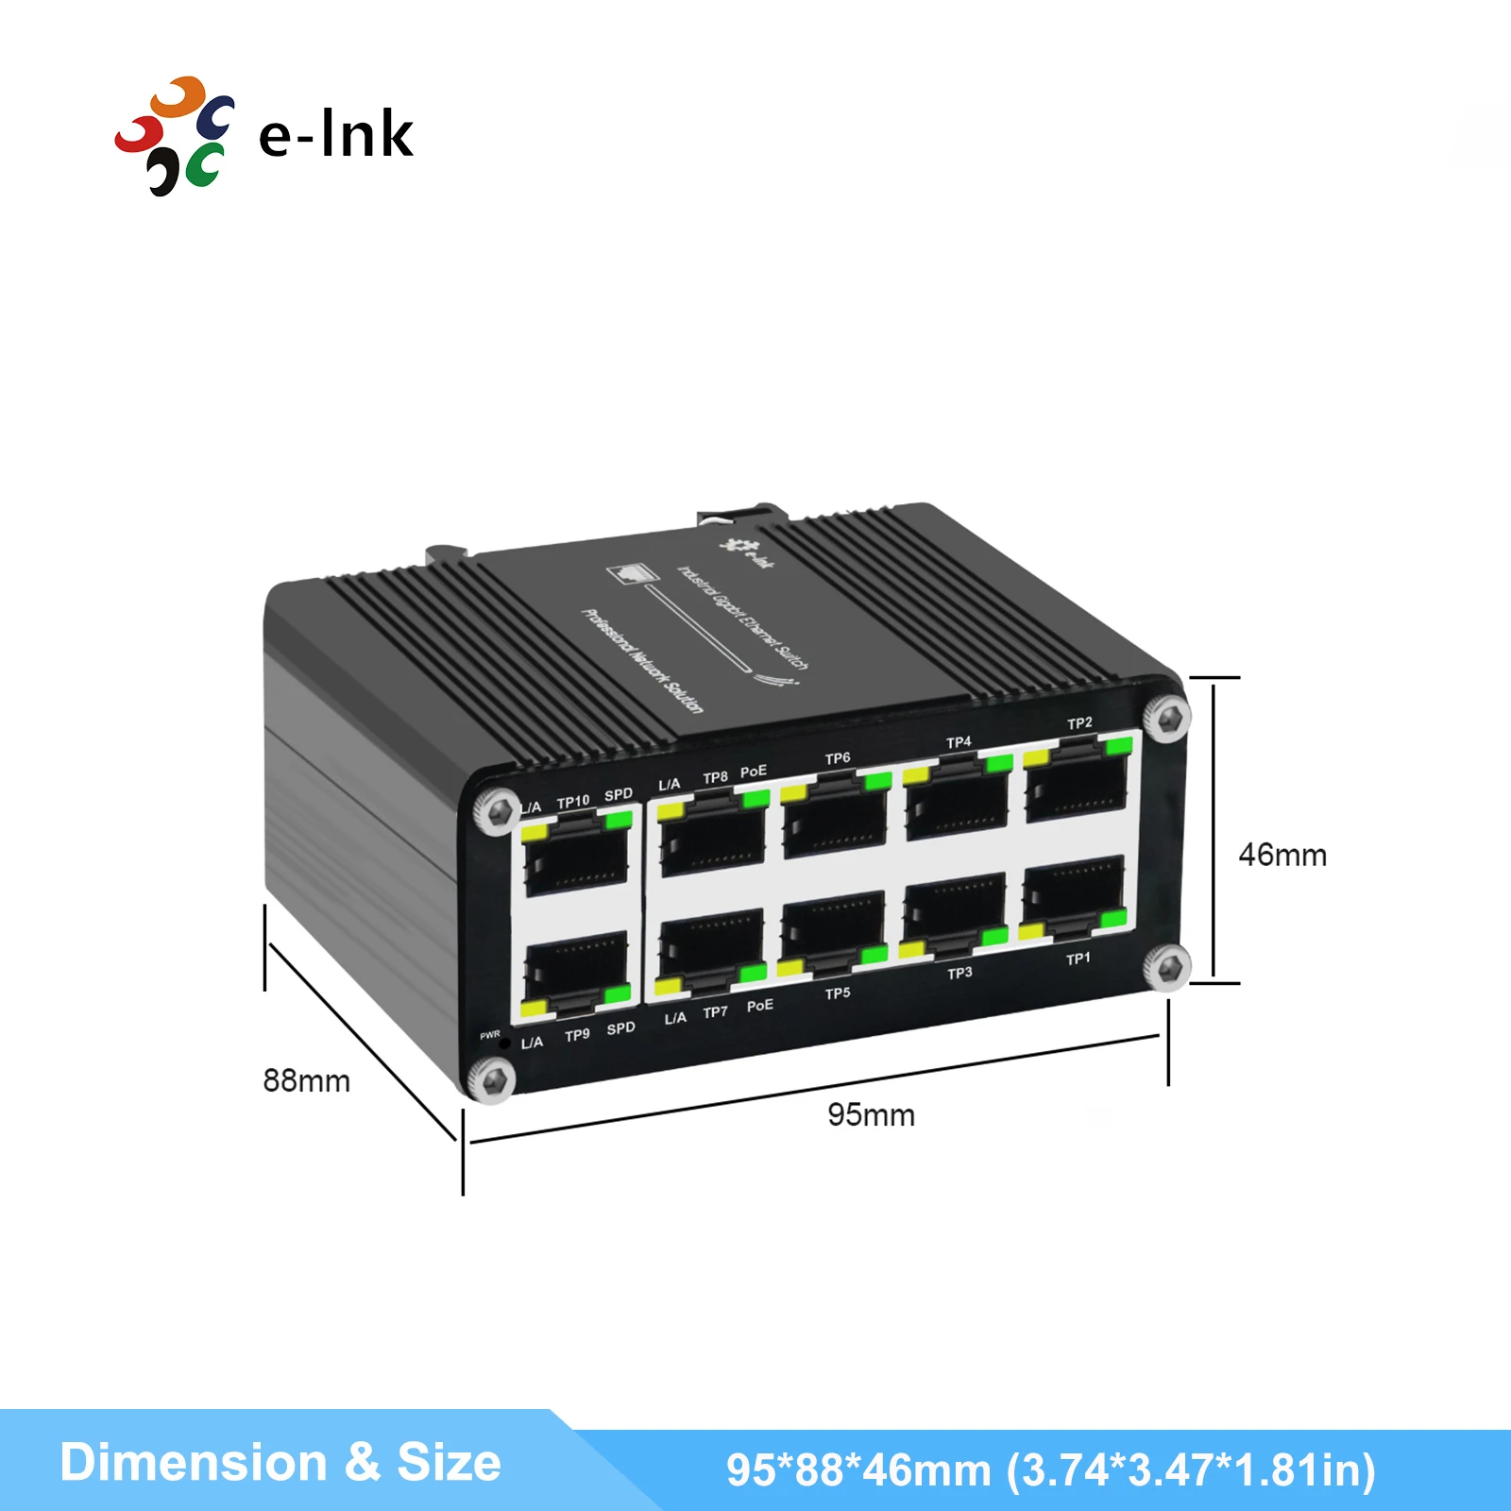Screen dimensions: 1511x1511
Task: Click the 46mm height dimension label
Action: (1282, 855)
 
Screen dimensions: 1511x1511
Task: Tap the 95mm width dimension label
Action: (871, 1114)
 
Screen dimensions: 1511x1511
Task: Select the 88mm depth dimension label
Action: (306, 1080)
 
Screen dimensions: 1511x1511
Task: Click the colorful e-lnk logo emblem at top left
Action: (175, 136)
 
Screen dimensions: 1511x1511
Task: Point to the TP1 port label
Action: (1078, 959)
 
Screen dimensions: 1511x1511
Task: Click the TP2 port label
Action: (1079, 723)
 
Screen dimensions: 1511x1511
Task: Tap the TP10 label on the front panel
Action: (572, 802)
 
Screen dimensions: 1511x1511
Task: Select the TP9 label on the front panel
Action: (577, 1034)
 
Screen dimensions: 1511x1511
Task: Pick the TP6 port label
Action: (837, 758)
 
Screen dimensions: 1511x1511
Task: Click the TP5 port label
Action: (837, 993)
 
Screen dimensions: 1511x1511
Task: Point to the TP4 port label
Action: (959, 742)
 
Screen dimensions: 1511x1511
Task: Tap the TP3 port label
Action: (959, 973)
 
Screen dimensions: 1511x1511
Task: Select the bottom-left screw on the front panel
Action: (492, 1079)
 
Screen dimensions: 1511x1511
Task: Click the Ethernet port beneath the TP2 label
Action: (1078, 785)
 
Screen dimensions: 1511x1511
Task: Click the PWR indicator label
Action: (489, 1035)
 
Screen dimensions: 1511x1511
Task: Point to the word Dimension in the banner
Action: (193, 1462)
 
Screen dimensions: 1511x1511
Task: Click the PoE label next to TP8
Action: (754, 772)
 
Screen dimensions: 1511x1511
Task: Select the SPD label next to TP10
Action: (619, 794)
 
